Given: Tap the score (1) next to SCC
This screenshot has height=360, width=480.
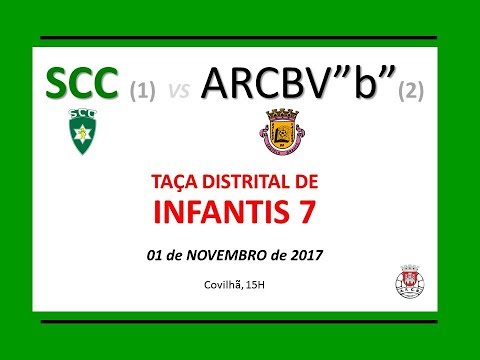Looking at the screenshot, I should [x=144, y=91].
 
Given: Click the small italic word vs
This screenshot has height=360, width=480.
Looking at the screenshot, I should [x=179, y=92].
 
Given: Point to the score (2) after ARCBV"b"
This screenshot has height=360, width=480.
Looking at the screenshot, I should [x=411, y=91].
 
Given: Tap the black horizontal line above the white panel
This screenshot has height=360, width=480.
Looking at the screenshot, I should [x=240, y=38].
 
